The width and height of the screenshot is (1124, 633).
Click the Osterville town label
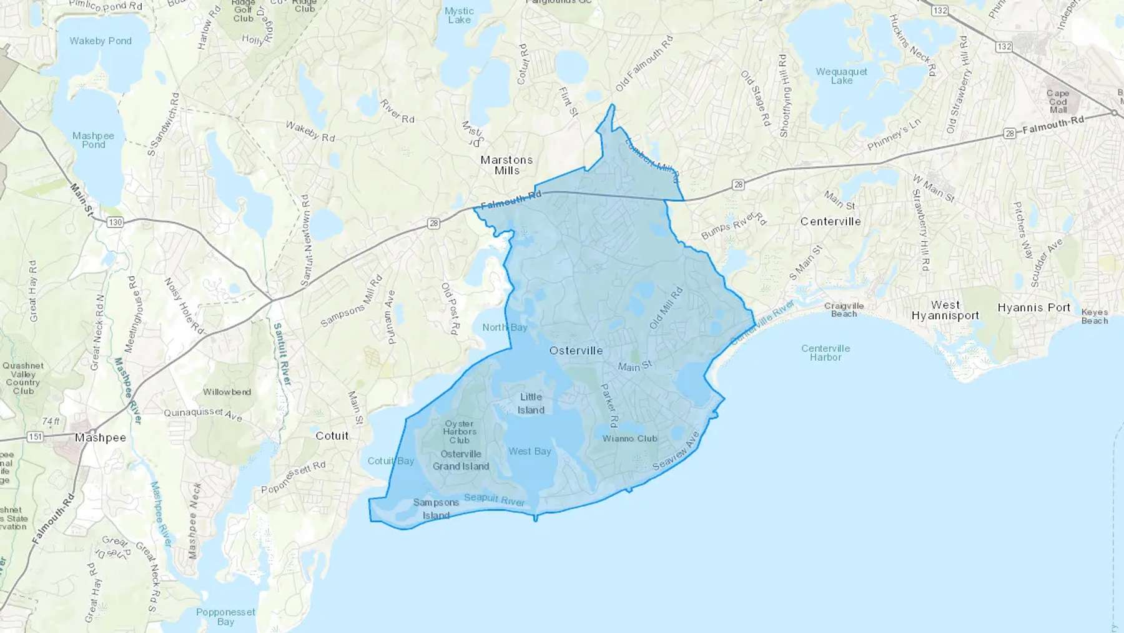tap(576, 351)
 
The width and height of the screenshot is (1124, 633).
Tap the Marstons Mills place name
tap(506, 165)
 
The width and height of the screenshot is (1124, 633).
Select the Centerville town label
tap(831, 221)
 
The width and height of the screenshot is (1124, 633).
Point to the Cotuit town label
tap(332, 436)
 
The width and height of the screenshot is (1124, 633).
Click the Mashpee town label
tap(101, 437)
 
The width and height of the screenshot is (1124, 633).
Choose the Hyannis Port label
tap(1033, 307)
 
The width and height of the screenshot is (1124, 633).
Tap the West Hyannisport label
tap(945, 310)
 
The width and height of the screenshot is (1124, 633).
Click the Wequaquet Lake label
tap(841, 76)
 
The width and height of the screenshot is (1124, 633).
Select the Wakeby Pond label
tap(101, 41)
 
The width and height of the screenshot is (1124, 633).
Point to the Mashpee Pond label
tap(93, 140)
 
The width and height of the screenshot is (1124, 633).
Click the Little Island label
tap(531, 403)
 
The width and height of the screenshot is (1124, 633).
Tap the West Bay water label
tap(530, 451)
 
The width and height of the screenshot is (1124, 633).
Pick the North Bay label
tap(505, 327)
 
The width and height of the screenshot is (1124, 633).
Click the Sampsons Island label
tap(436, 509)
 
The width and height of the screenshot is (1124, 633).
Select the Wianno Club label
tap(629, 439)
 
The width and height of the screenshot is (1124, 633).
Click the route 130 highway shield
tap(115, 222)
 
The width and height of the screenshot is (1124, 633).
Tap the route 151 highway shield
tap(35, 437)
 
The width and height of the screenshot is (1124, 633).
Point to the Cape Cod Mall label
tap(1058, 101)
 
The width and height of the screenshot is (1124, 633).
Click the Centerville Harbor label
tap(826, 352)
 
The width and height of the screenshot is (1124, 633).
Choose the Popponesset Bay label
tap(225, 616)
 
